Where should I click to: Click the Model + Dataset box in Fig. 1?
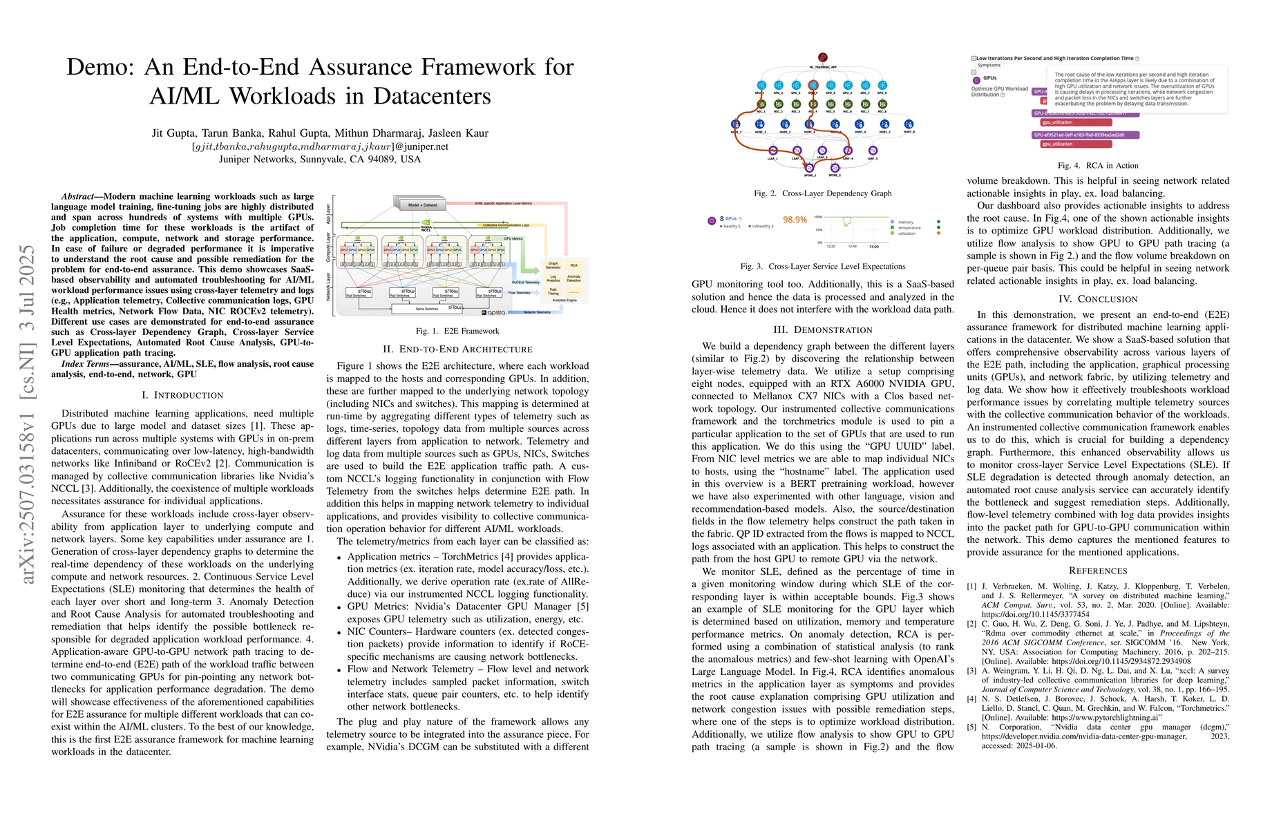coord(422,204)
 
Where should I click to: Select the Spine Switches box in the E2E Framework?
coord(427,309)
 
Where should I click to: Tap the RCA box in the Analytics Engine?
coord(573,265)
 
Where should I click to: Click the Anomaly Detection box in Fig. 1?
coord(573,278)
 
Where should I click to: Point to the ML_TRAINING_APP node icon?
coord(822,57)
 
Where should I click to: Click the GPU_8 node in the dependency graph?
coord(882,86)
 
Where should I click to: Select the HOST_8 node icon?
coord(909,125)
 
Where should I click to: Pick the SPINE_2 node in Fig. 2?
coord(835,168)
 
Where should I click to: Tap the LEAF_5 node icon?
coord(873,151)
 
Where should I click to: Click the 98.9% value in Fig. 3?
coord(795,220)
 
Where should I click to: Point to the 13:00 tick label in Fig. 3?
coord(873,247)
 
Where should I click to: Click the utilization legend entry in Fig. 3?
coord(907,234)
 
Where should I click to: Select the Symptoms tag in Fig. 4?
coord(989,66)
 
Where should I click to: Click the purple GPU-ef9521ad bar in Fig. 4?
coord(1085,135)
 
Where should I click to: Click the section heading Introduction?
coord(182,395)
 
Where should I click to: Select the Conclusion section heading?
coord(1098,299)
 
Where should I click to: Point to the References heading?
coord(1098,571)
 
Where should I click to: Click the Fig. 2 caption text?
coord(823,193)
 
